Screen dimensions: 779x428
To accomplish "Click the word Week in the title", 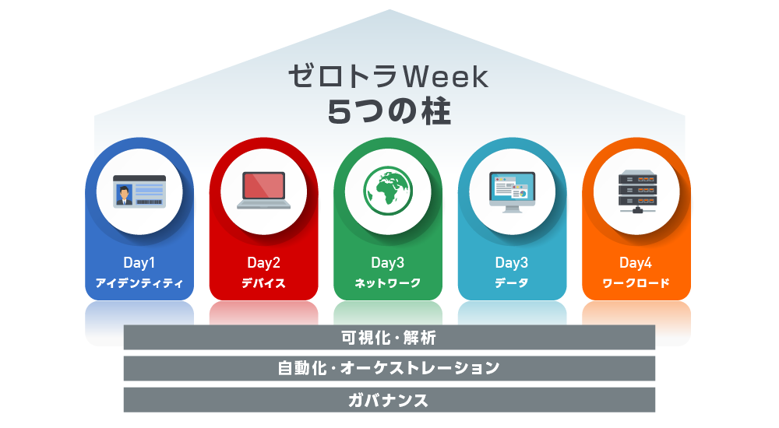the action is click(445, 77).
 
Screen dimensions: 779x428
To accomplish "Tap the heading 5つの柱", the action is click(389, 112).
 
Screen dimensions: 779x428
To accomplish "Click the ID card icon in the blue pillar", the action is click(139, 191).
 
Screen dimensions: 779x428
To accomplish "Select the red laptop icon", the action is click(264, 190).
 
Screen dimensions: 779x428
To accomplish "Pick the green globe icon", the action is click(388, 191).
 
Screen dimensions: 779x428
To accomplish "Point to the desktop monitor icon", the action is click(513, 192).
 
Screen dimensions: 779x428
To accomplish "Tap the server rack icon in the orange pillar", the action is click(637, 191).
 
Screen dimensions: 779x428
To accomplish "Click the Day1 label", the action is click(139, 263).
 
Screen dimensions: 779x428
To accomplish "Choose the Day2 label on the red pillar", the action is click(264, 263).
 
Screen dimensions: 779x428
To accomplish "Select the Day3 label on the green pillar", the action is click(388, 263).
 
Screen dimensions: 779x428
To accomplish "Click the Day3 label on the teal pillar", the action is click(512, 263).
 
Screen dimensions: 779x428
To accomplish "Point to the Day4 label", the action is click(636, 263).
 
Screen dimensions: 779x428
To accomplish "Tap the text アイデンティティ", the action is click(139, 283).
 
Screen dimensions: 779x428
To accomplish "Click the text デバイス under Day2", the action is click(264, 283).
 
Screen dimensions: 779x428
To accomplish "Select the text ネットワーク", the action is click(388, 283).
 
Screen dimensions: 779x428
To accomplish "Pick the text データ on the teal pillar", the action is click(512, 283).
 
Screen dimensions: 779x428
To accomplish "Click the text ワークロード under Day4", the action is click(636, 283).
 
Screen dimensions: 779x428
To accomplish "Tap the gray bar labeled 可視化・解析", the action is click(389, 338).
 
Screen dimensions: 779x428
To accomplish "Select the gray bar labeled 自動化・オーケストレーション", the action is click(389, 368).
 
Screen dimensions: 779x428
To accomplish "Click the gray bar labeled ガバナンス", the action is click(389, 400).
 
